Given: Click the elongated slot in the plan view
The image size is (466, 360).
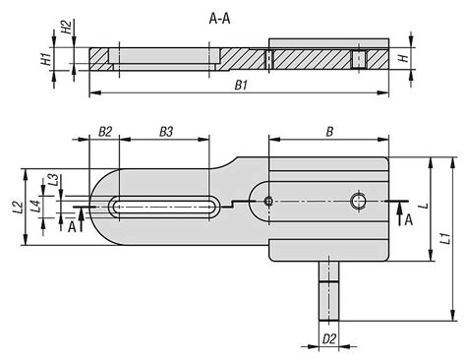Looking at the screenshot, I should click(164, 205).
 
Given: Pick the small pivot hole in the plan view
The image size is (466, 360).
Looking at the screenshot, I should click(268, 201).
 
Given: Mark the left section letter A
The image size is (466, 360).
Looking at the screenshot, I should click(71, 226).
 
